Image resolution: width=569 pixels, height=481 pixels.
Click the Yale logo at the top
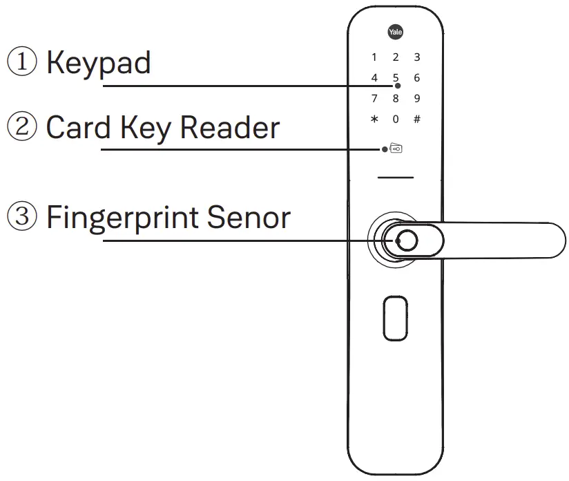[396, 32]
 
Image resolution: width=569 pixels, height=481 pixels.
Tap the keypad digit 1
[374, 57]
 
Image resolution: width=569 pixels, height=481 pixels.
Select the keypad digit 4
[374, 78]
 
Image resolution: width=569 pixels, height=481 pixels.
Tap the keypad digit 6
[417, 78]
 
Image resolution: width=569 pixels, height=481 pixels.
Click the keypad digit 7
[374, 98]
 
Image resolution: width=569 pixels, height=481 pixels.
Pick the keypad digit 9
[417, 98]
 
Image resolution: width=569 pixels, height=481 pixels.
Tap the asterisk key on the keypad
[374, 119]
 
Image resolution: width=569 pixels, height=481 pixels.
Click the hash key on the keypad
[417, 119]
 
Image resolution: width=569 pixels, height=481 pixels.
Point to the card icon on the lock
[396, 149]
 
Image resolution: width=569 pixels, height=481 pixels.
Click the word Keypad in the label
[98, 63]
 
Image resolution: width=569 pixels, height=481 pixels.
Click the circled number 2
[21, 128]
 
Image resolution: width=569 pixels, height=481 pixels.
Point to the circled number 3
[21, 218]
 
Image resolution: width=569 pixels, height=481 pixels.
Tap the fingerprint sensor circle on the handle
[406, 240]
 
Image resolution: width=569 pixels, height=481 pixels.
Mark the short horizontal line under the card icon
[396, 178]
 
